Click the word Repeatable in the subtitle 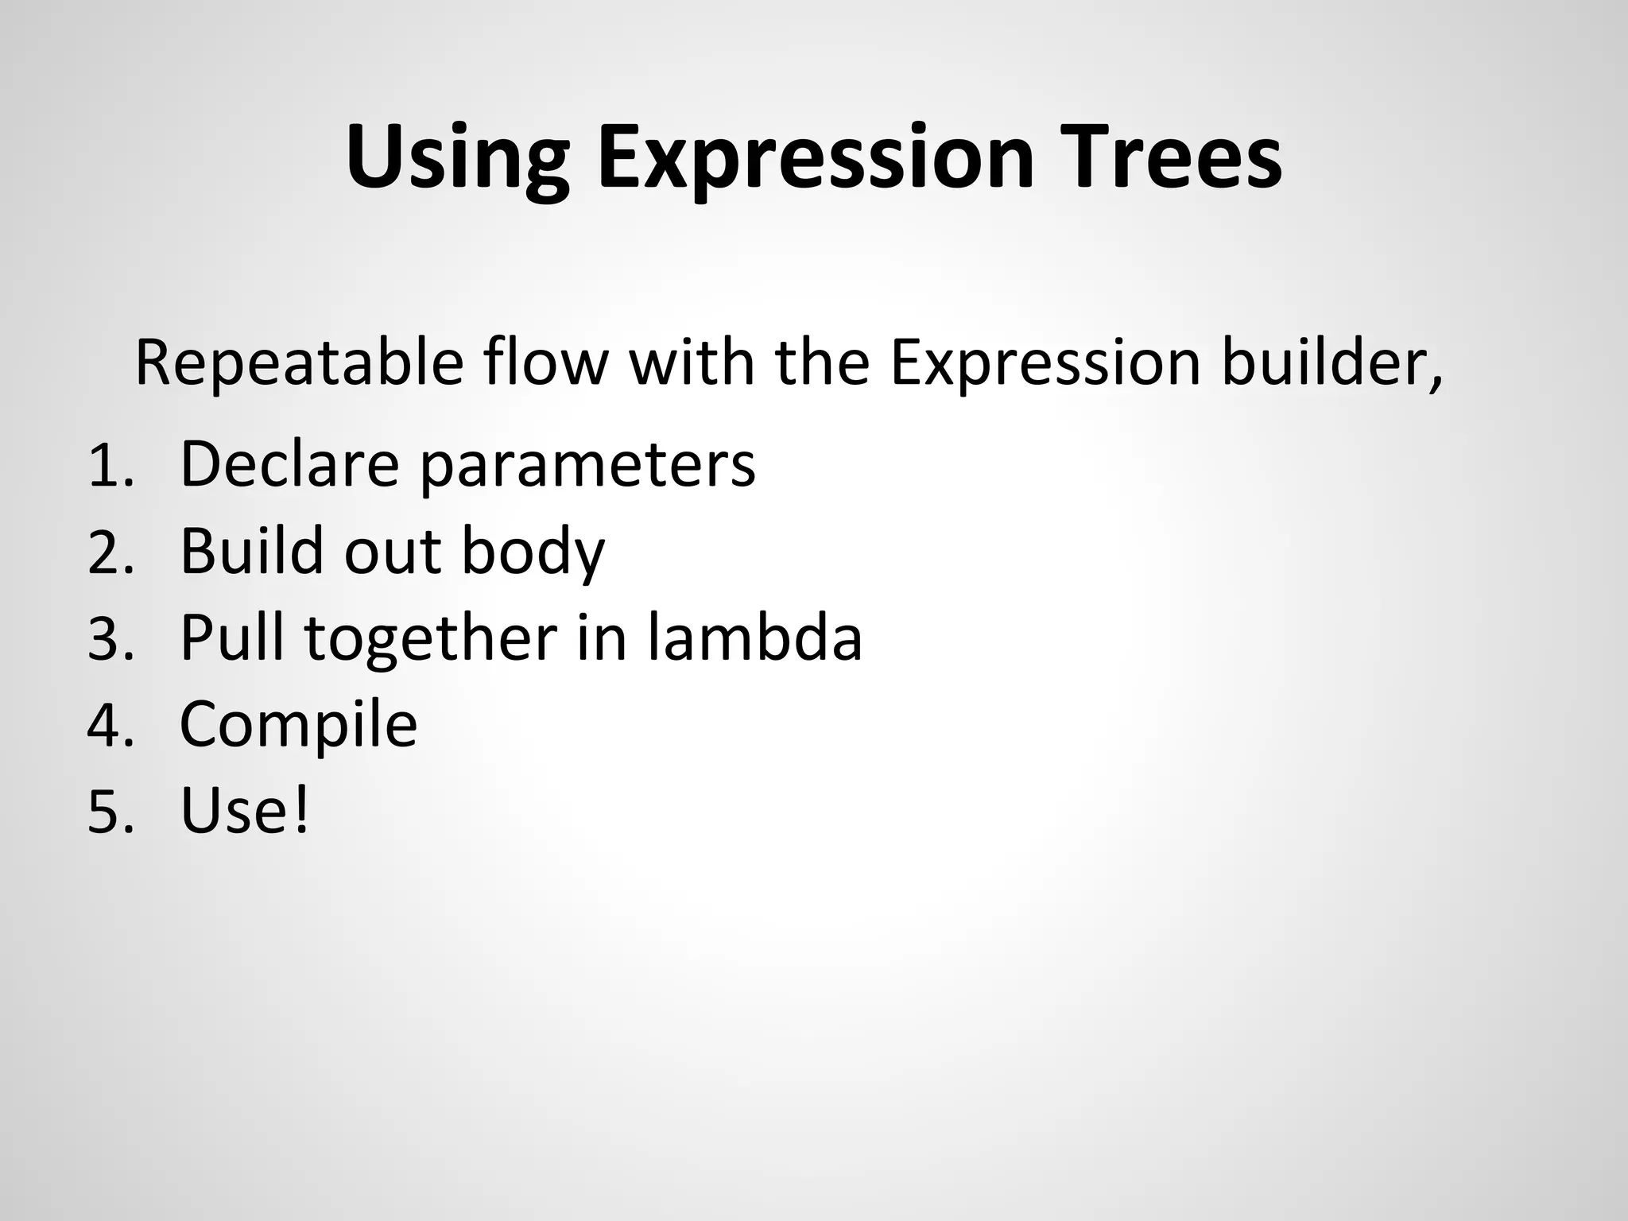(x=299, y=364)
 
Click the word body (x=533, y=552)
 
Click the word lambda (x=754, y=638)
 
